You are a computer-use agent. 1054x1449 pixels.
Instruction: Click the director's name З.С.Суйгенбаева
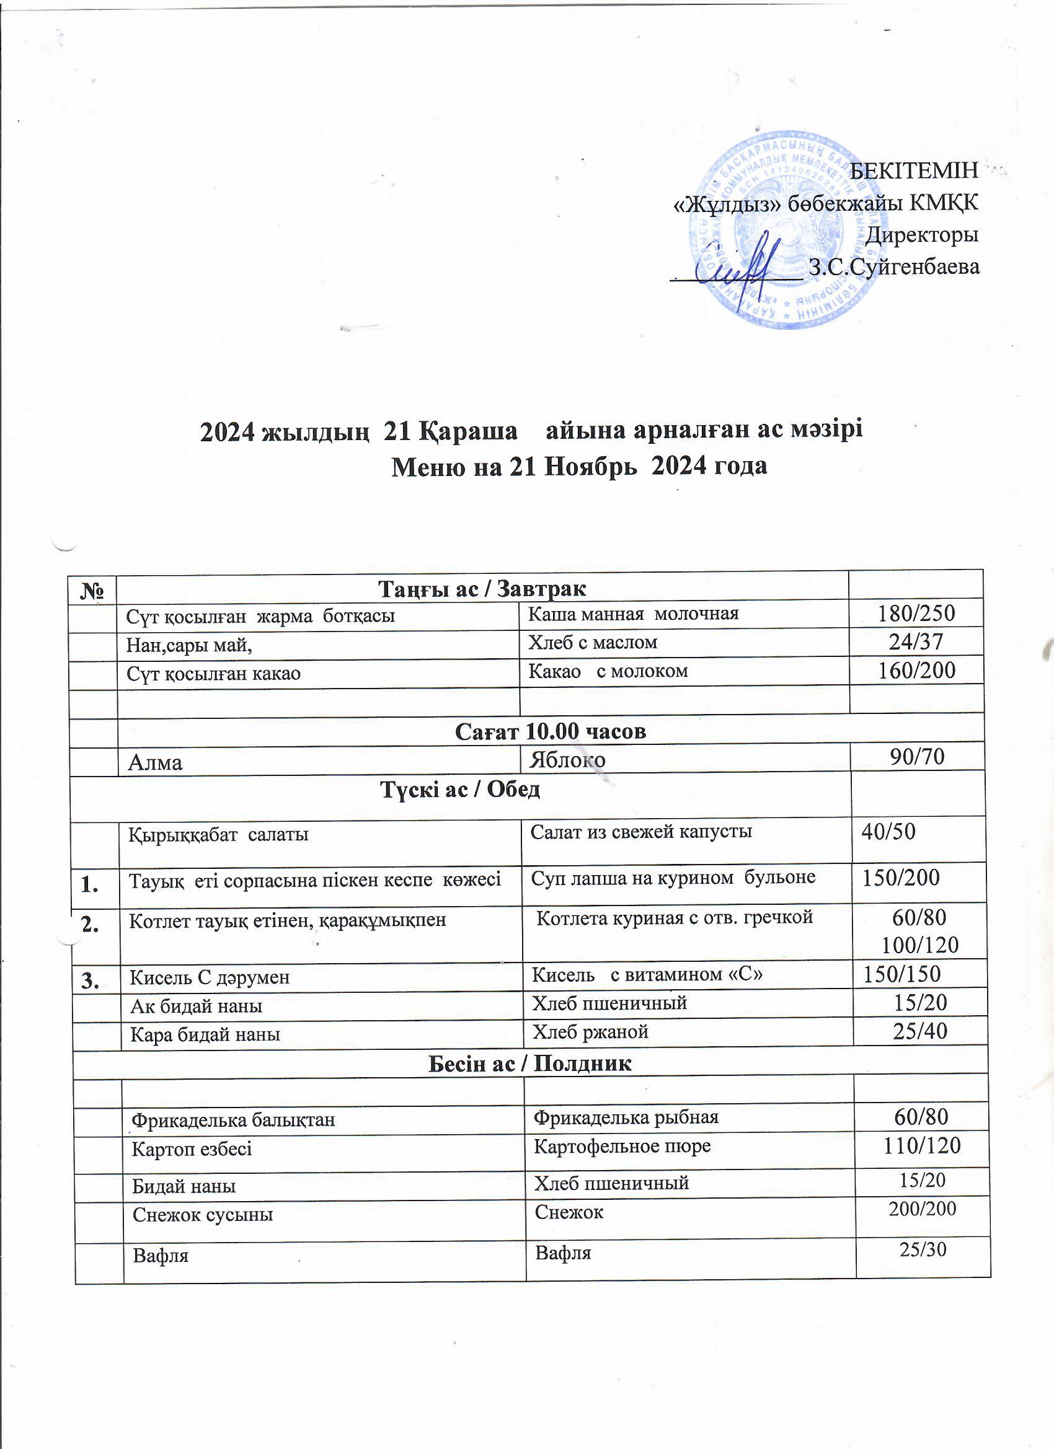[893, 266]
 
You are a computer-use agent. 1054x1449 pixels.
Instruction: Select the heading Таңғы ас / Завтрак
[482, 587]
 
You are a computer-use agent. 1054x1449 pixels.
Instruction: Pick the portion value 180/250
[916, 614]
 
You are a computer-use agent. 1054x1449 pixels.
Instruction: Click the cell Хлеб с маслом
[593, 642]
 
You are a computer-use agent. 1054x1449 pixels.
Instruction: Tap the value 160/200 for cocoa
[916, 670]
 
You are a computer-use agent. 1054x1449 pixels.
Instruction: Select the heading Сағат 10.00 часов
[551, 731]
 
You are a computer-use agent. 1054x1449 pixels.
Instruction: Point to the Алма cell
[156, 762]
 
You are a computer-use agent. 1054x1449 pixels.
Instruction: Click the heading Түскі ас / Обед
[461, 790]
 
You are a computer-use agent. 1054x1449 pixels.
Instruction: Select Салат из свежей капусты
[641, 831]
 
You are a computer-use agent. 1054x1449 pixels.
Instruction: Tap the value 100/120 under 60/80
[921, 945]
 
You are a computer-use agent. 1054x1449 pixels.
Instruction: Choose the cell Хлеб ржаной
[591, 1031]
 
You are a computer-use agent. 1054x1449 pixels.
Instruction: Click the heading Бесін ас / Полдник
[529, 1063]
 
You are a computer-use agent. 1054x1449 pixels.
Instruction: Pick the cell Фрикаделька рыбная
[626, 1117]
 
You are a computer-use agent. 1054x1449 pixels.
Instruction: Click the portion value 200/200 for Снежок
[923, 1208]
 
